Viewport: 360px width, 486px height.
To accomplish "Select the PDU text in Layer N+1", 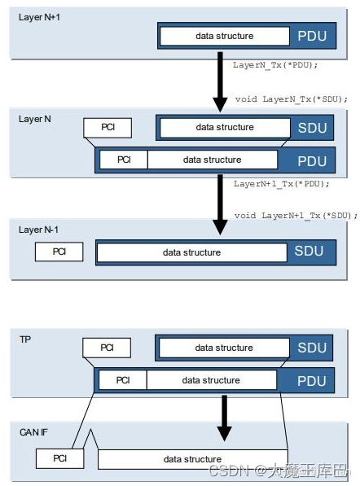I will (313, 37).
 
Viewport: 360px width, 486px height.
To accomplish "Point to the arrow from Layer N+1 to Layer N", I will (220, 81).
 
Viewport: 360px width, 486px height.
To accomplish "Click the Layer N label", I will (35, 119).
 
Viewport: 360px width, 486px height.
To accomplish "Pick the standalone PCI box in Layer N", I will (108, 128).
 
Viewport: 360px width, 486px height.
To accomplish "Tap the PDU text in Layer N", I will (313, 160).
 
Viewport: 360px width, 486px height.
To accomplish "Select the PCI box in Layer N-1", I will (59, 252).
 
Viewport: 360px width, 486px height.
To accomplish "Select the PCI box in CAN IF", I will (59, 459).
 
